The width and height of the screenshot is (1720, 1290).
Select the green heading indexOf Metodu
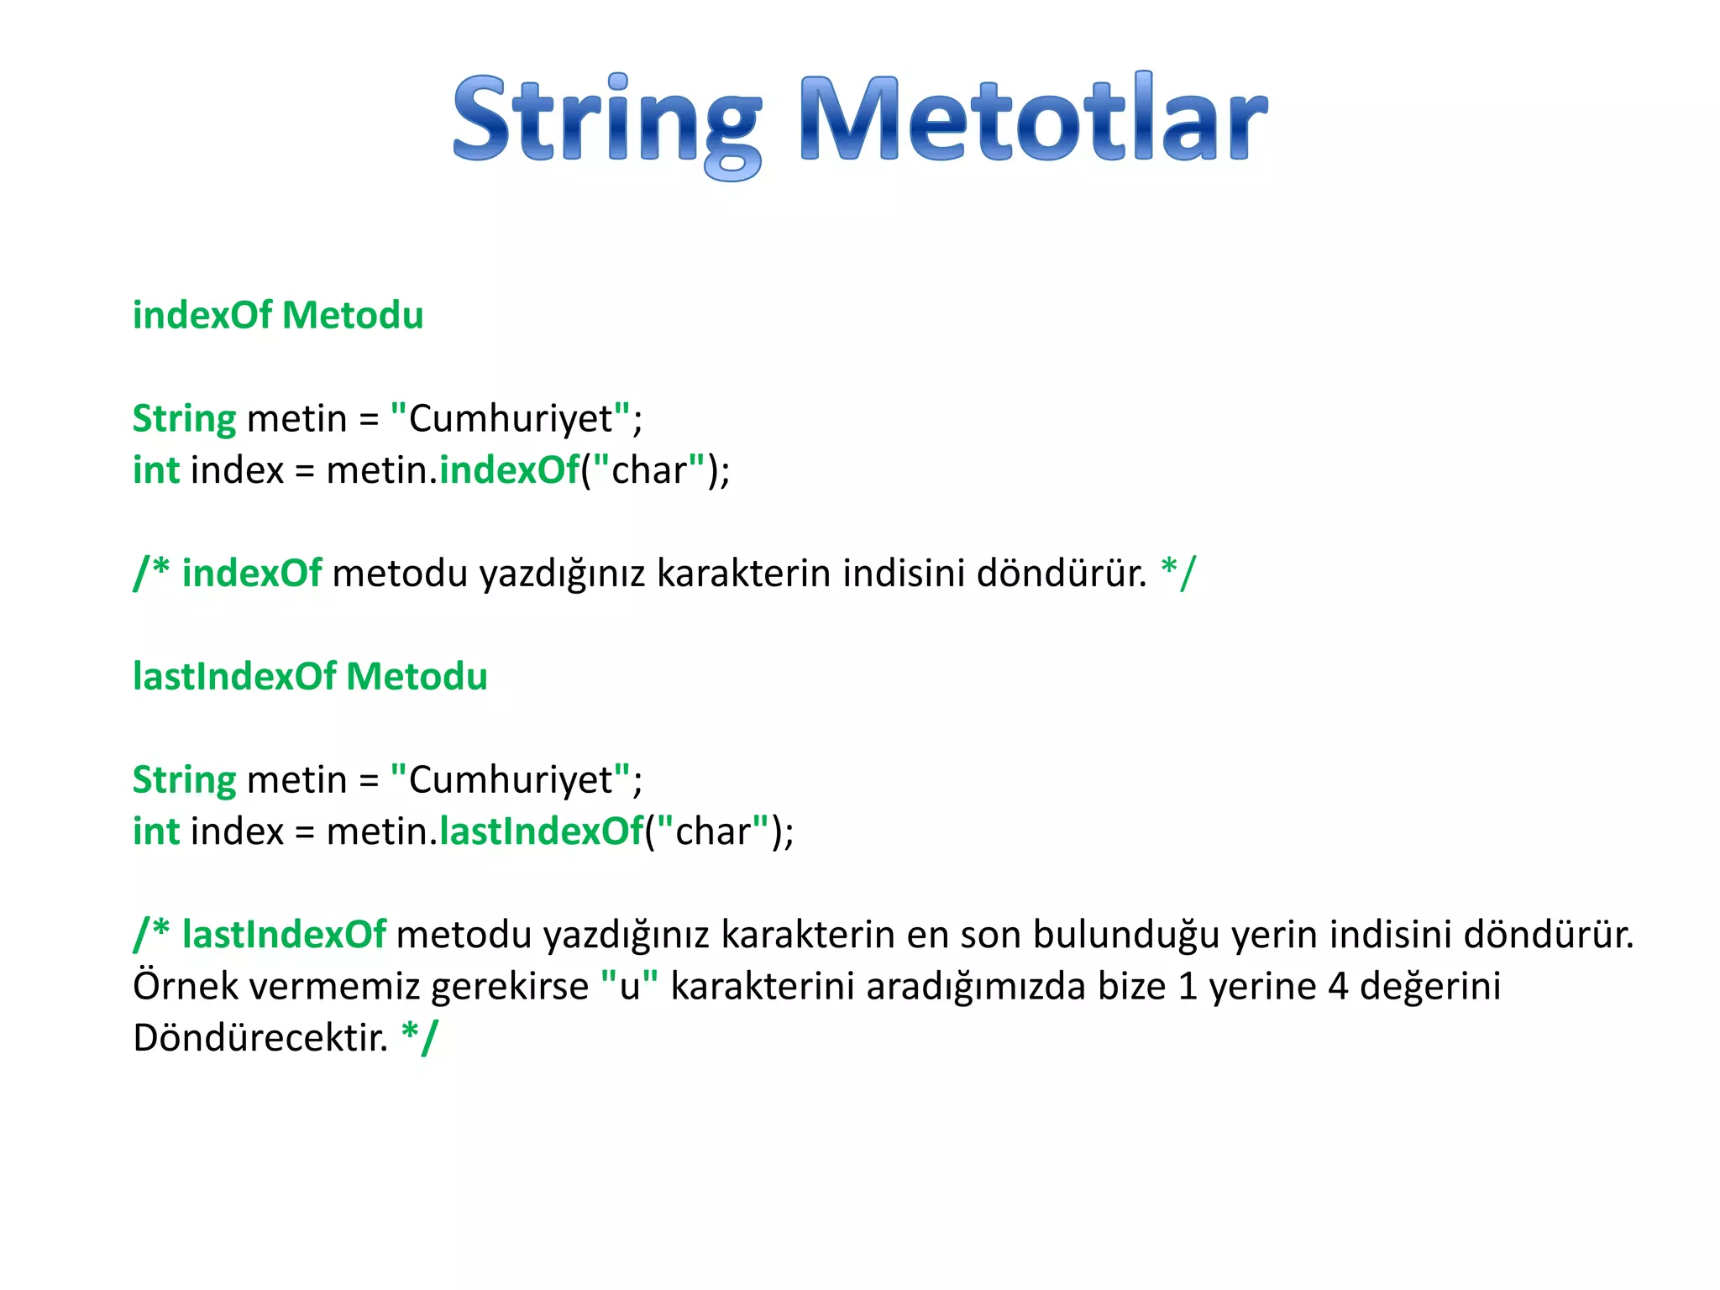coord(278,316)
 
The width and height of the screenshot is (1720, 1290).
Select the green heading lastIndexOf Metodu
coord(310,677)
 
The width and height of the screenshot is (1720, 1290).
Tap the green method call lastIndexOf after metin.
coord(541,831)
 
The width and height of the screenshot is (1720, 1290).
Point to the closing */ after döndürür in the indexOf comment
coord(1178,574)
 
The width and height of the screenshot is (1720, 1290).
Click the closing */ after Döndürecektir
coord(419,1038)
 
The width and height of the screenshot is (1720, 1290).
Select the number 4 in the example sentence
coord(1339,987)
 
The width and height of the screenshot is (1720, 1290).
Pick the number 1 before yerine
coord(1187,987)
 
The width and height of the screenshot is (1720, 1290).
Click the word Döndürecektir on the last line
coord(260,1038)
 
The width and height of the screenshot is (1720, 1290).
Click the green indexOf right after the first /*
coord(251,574)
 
